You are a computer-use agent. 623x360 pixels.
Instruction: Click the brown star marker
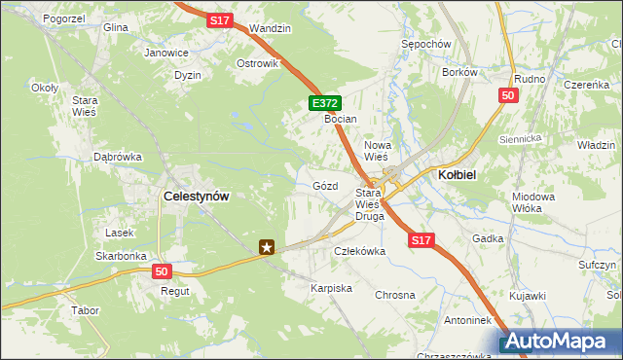pos(269,248)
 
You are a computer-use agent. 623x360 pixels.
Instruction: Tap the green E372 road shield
pos(325,102)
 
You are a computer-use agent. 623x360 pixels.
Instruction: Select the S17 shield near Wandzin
pos(220,18)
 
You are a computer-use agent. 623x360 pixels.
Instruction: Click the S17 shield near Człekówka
pos(420,239)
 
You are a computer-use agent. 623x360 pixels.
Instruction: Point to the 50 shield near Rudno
pos(507,94)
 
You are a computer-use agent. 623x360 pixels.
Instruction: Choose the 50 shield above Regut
pos(161,271)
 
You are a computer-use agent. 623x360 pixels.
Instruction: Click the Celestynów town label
pos(197,196)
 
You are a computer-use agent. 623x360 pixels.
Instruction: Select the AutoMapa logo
pos(559,342)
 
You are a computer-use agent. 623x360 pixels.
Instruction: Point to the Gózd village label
pos(325,185)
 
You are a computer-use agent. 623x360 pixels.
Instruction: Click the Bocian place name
pos(341,119)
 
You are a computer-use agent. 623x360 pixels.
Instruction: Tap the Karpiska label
pos(331,289)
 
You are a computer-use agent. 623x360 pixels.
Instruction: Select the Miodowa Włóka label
pos(532,202)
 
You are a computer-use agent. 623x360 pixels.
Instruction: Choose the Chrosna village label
pos(394,294)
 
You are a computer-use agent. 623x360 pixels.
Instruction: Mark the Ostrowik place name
pos(258,63)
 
